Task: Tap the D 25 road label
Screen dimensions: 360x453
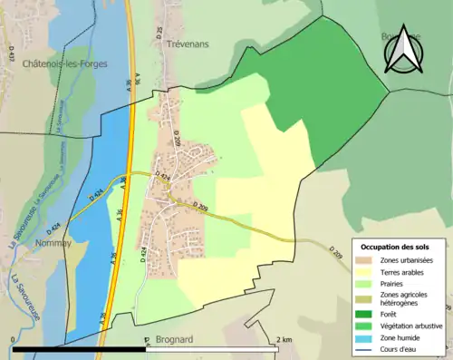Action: click(x=158, y=34)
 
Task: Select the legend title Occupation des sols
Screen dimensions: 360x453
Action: click(x=395, y=247)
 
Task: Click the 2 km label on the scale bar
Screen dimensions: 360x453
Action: click(x=285, y=340)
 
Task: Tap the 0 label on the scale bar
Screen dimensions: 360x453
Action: click(x=12, y=340)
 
